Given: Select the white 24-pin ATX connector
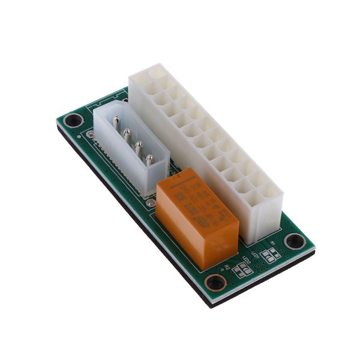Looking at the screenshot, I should [x=204, y=138].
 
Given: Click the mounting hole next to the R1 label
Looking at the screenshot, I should [x=294, y=241].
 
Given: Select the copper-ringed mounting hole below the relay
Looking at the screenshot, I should [x=215, y=282].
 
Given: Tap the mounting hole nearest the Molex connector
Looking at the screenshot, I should [x=74, y=120].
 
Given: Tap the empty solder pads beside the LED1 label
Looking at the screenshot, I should [x=271, y=255].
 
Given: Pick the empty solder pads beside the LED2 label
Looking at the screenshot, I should [x=243, y=270].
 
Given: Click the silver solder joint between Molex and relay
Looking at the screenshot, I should [x=151, y=203].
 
